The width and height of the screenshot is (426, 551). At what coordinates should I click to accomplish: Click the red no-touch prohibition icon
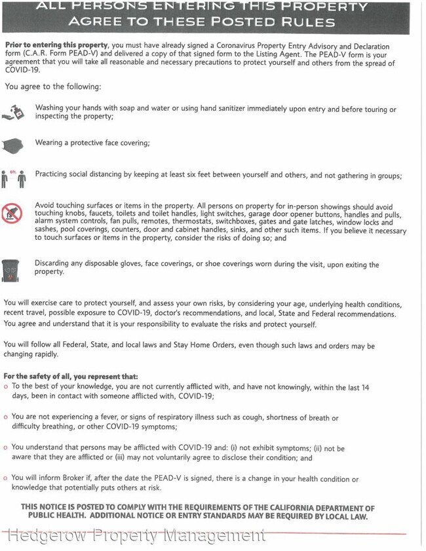coord(12,213)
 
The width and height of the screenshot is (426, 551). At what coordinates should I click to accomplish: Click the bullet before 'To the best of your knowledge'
coord(6,387)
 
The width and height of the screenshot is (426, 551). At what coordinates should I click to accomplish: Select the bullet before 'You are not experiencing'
coord(6,417)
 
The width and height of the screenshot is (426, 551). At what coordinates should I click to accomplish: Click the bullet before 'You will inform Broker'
coord(6,479)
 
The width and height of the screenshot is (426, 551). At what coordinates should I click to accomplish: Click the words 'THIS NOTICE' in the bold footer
coord(47,508)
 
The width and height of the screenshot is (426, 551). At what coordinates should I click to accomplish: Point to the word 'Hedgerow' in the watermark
coord(48,536)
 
